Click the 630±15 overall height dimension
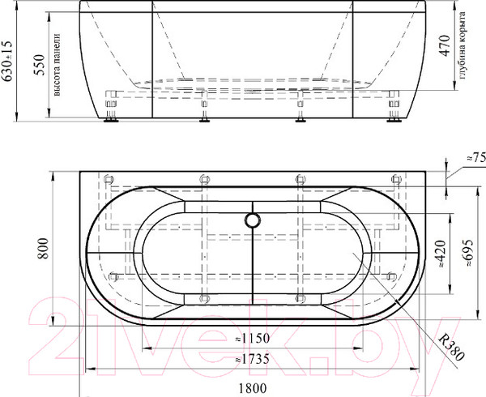tap(6, 61)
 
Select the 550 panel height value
tap(40, 65)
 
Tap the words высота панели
tap(57, 65)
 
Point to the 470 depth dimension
tap(445, 46)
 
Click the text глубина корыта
tap(462, 45)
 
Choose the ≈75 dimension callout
tap(476, 158)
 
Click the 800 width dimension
tap(43, 248)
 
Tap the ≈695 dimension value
tap(467, 253)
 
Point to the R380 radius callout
tap(451, 347)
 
